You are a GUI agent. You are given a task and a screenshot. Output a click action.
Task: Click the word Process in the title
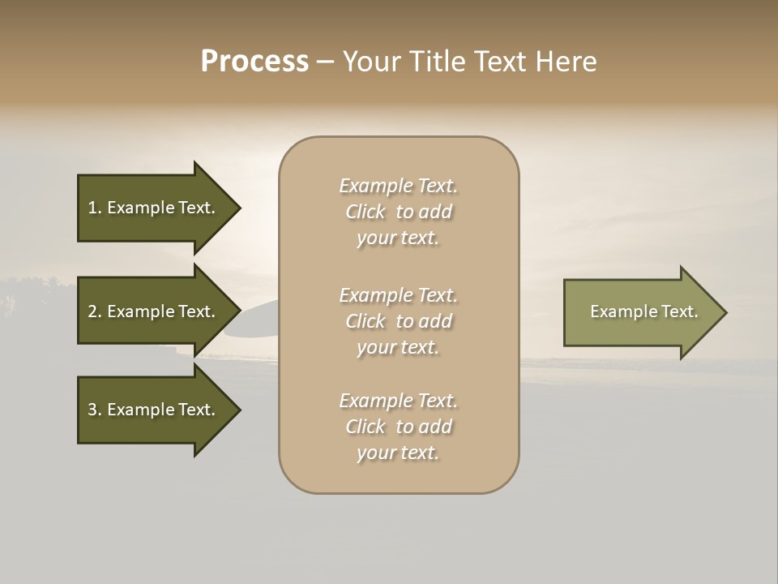254,62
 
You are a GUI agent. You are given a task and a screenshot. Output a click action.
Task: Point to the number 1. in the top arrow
95,208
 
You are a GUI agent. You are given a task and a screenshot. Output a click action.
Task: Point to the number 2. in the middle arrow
95,311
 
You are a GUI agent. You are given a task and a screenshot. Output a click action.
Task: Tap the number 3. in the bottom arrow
95,410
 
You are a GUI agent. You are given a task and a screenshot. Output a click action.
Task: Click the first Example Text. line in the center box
398,186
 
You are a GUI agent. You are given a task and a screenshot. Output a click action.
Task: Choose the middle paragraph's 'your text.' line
398,347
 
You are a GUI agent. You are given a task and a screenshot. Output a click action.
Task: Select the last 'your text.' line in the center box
398,453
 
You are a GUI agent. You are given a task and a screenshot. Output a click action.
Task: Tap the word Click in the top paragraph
365,212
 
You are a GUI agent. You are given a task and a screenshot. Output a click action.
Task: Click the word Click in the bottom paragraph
365,427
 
